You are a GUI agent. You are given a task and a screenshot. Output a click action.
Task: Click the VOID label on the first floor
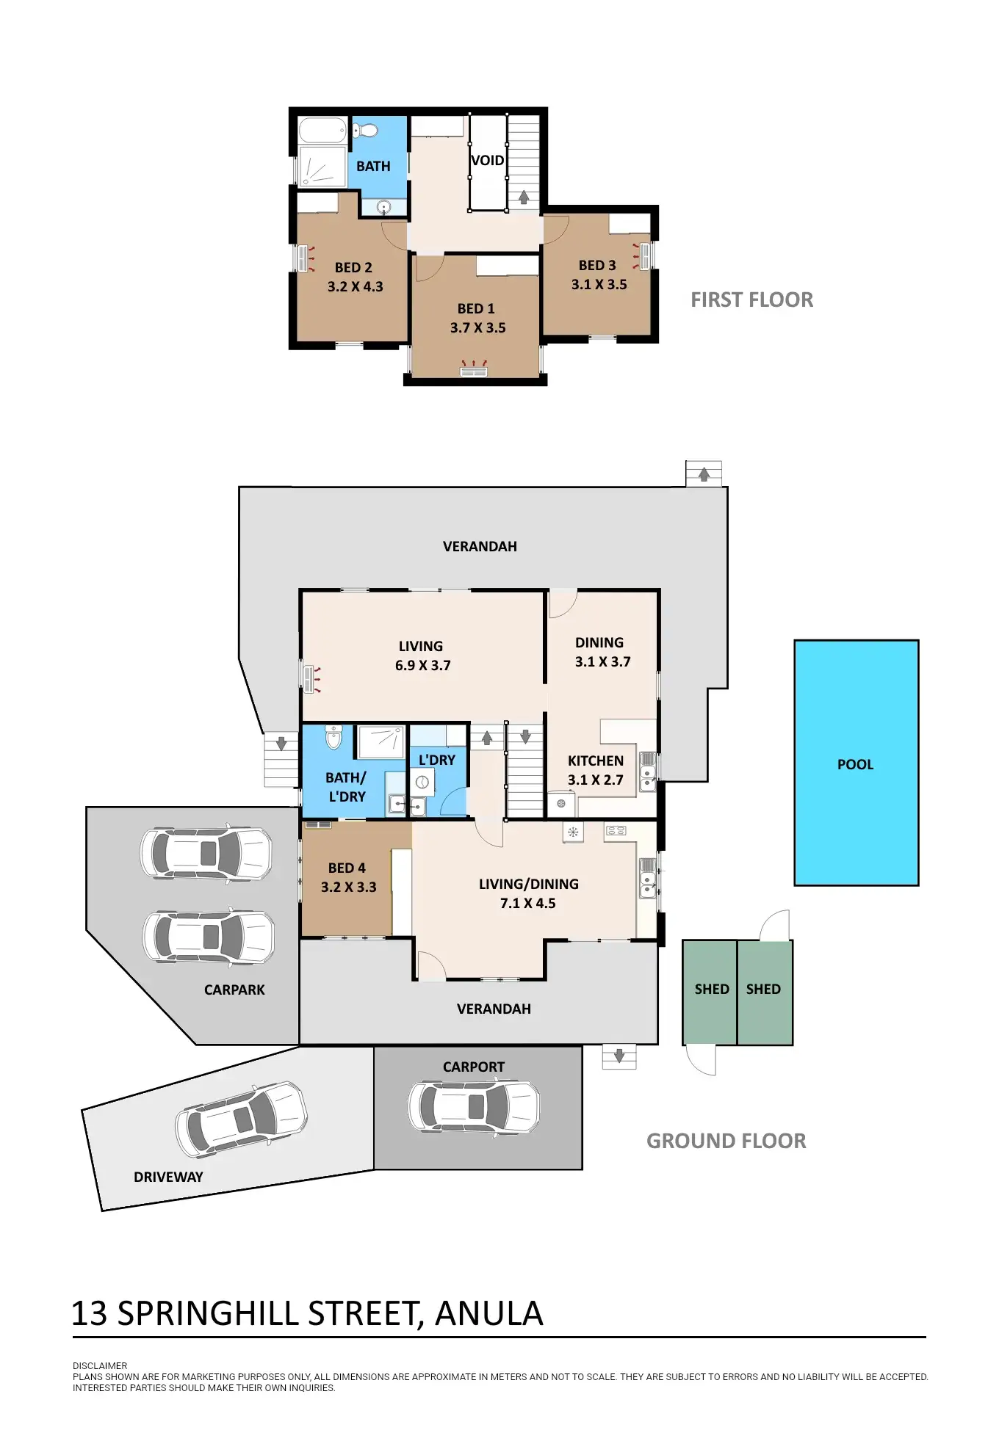pyautogui.click(x=487, y=160)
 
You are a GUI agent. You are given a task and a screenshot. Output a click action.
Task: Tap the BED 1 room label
pyautogui.click(x=476, y=308)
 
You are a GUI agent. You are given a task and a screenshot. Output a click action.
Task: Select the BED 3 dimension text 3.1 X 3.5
pyautogui.click(x=599, y=284)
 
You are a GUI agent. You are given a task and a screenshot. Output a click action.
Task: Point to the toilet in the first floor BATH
pyautogui.click(x=365, y=131)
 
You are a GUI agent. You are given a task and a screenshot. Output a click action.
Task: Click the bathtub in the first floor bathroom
pyautogui.click(x=322, y=131)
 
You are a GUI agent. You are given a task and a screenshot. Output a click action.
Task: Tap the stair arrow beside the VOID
pyautogui.click(x=524, y=197)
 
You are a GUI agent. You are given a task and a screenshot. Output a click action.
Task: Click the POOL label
pyautogui.click(x=855, y=764)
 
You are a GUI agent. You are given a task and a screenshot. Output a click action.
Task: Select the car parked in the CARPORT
pyautogui.click(x=474, y=1106)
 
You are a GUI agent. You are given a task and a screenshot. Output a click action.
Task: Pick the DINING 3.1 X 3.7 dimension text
pyautogui.click(x=602, y=661)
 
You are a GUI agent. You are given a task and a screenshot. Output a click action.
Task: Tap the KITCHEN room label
pyautogui.click(x=595, y=761)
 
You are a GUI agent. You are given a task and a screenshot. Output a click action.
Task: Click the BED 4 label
pyautogui.click(x=347, y=868)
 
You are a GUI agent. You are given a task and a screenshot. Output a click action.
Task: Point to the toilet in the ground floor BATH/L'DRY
pyautogui.click(x=333, y=737)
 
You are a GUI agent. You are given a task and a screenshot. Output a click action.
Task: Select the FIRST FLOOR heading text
pyautogui.click(x=751, y=300)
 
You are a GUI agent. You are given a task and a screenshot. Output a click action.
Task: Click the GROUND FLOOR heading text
pyautogui.click(x=726, y=1141)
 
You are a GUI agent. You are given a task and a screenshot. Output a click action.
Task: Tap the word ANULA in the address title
pyautogui.click(x=488, y=1313)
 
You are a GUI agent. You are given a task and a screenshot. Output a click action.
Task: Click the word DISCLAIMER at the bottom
pyautogui.click(x=100, y=1365)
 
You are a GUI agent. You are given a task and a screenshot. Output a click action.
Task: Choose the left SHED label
pyautogui.click(x=711, y=989)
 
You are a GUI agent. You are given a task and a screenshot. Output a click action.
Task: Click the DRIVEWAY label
pyautogui.click(x=168, y=1177)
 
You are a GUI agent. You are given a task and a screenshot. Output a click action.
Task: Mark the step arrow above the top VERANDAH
pyautogui.click(x=704, y=473)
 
